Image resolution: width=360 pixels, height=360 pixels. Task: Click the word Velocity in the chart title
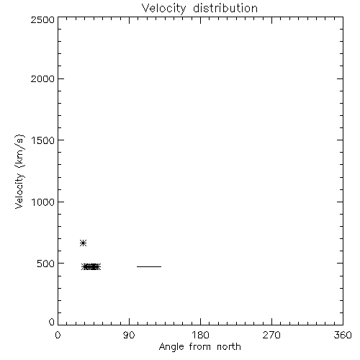(x=163, y=9)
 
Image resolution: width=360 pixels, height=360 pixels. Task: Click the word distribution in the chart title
(x=225, y=8)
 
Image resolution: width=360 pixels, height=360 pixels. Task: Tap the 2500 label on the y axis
(x=42, y=19)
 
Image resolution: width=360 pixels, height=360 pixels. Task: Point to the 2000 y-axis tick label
(x=42, y=78)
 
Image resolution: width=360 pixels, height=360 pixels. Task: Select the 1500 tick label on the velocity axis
(x=43, y=140)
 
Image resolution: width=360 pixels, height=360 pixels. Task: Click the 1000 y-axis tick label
(x=43, y=202)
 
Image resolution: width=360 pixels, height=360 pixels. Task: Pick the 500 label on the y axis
(x=46, y=264)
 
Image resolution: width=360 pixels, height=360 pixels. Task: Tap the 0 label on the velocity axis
(x=52, y=322)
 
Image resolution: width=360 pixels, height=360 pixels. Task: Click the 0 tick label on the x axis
(x=58, y=335)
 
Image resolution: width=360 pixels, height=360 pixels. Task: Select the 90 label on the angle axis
(x=129, y=335)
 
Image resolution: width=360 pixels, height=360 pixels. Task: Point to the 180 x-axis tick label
(x=200, y=335)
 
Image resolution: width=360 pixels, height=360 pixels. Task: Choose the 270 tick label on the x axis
(x=271, y=335)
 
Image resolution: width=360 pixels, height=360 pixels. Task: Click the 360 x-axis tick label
(x=343, y=335)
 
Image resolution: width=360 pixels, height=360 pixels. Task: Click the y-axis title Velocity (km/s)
(x=19, y=171)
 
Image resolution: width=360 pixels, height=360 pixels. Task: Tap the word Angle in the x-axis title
(x=171, y=347)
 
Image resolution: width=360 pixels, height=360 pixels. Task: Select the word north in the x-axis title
(x=229, y=347)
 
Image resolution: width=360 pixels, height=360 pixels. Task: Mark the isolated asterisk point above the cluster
(x=83, y=243)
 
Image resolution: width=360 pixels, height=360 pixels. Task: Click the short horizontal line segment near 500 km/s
(x=149, y=266)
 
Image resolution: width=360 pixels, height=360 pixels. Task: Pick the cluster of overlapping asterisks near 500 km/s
(x=91, y=266)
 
